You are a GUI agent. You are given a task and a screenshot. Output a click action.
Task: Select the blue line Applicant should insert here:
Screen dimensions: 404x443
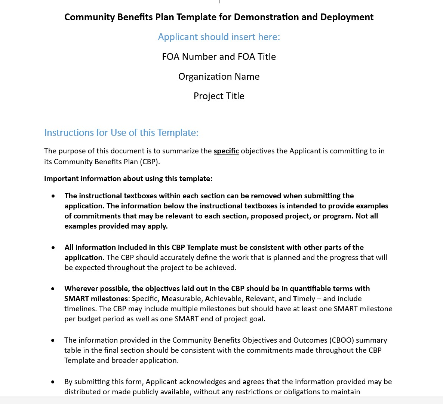219,37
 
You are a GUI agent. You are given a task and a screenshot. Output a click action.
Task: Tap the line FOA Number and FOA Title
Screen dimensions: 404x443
219,57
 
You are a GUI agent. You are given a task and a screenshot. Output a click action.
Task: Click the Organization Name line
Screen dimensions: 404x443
219,77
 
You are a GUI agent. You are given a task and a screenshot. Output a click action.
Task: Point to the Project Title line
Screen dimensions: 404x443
219,96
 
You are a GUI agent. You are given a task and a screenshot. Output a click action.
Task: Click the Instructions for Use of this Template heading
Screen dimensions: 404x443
121,133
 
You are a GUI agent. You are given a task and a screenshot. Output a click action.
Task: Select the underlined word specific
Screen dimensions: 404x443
226,151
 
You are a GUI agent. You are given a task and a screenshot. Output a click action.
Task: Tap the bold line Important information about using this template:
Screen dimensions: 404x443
128,179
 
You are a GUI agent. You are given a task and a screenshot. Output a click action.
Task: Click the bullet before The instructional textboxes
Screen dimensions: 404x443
53,196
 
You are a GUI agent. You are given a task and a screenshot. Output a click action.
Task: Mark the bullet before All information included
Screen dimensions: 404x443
53,248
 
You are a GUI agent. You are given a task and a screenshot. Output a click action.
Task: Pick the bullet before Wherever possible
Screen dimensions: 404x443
53,289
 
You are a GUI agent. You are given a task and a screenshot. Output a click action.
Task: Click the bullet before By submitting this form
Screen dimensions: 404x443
53,382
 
